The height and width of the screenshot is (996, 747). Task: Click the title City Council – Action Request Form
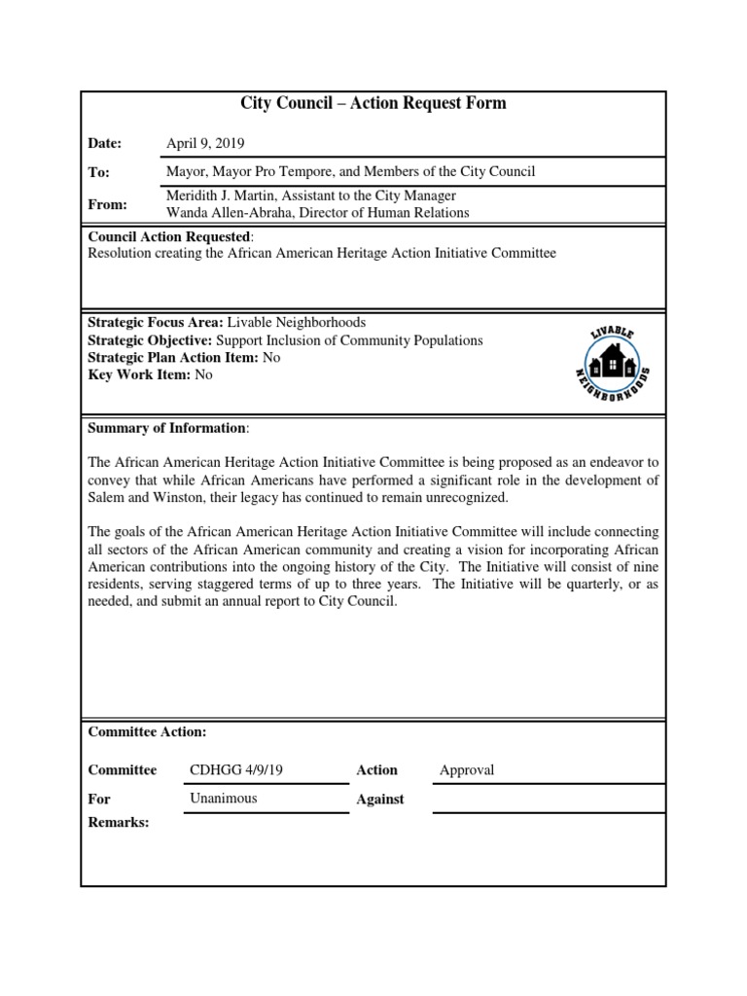[x=373, y=103]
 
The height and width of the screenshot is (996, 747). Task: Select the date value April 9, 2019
[x=207, y=143]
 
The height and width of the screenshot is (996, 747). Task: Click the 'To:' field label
[x=98, y=172]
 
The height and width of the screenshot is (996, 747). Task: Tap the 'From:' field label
[x=105, y=205]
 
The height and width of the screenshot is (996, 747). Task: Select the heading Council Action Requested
[x=169, y=236]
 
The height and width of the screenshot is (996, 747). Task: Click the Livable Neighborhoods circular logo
[x=611, y=365]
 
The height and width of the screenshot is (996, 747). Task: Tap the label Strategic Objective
[x=150, y=340]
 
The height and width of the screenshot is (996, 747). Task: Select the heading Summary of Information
[x=166, y=428]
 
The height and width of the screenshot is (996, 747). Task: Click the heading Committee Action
[x=147, y=732]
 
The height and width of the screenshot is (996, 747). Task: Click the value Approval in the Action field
[x=467, y=770]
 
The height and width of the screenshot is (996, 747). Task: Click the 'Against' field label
[x=379, y=800]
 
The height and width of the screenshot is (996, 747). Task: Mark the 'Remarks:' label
[x=119, y=823]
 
